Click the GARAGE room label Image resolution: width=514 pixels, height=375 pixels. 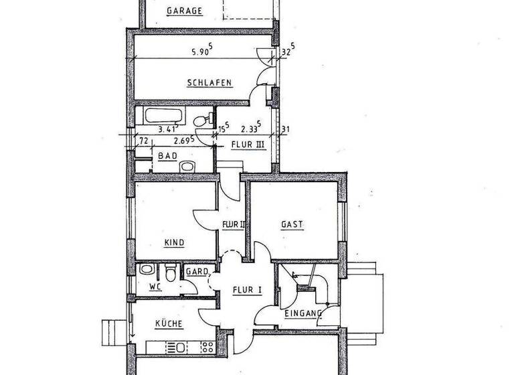(185, 11)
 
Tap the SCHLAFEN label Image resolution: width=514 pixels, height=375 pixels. (209, 83)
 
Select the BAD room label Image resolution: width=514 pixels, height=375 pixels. (167, 156)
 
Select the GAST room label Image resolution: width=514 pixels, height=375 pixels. (292, 224)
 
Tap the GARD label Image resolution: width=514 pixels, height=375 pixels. (197, 272)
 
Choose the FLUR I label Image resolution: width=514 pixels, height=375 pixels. (246, 290)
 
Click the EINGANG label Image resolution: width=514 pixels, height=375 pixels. (303, 313)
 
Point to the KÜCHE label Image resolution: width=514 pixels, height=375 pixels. (169, 324)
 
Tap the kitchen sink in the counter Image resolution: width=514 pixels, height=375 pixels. (179, 347)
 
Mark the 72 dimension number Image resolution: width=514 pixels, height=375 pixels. (143, 141)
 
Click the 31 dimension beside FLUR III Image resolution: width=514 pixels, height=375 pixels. (285, 130)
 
